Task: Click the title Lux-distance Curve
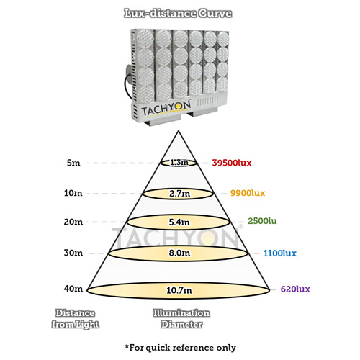178,13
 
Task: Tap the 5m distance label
73,163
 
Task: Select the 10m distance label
73,193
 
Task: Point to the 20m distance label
73,222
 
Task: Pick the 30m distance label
73,253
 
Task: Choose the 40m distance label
73,289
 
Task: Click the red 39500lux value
232,163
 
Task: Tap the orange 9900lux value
248,193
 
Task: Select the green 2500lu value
262,221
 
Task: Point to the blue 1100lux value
280,253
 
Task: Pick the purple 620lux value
295,289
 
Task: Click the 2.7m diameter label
179,194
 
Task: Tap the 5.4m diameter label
179,222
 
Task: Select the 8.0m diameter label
179,253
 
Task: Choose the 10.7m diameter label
179,290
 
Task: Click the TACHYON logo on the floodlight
166,109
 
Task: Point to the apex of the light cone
179,131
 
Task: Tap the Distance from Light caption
76,319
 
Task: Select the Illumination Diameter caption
181,319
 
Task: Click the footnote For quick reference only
181,348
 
